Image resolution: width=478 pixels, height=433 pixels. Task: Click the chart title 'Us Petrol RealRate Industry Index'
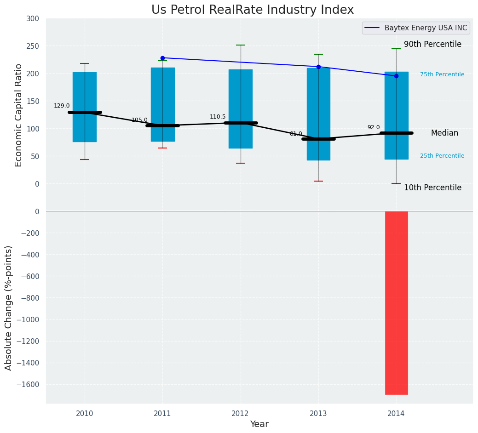point(253,10)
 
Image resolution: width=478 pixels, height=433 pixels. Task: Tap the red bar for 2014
point(396,302)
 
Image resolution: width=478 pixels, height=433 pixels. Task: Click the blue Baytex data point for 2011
point(162,58)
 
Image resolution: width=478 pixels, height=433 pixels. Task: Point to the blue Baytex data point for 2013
point(318,67)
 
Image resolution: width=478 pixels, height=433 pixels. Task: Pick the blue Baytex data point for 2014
point(396,76)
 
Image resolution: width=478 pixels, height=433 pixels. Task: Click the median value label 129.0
point(62,106)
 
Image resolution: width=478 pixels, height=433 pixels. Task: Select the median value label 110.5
point(218,117)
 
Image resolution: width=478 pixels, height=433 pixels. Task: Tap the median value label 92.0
point(374,127)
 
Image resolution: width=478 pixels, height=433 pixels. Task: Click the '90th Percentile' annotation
point(432,44)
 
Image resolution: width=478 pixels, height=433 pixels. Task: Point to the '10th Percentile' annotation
point(432,188)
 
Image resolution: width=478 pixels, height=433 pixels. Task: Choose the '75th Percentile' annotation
point(442,74)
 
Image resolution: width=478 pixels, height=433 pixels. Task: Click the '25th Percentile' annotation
point(442,156)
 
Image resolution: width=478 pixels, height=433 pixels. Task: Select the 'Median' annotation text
point(444,133)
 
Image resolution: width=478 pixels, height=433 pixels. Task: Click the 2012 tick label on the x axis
point(240,414)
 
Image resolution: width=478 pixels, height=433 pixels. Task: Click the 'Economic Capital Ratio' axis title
point(18,115)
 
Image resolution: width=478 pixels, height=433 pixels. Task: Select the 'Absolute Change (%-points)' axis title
point(9,308)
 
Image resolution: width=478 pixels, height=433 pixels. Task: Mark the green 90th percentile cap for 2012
point(240,45)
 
